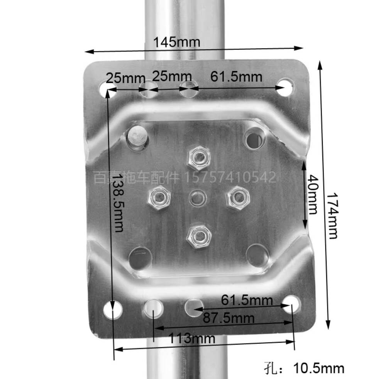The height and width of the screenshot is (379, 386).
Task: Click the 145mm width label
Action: click(177, 42)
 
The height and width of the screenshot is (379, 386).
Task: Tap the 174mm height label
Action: click(333, 216)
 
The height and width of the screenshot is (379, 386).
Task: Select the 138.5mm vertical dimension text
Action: click(118, 203)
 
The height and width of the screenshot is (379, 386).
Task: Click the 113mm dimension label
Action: click(192, 338)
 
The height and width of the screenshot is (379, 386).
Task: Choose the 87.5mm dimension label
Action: click(229, 318)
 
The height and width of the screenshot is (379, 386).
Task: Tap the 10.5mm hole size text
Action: click(319, 369)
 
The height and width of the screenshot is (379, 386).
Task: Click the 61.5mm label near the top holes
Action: click(236, 76)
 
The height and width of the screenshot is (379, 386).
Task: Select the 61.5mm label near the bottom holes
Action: click(247, 300)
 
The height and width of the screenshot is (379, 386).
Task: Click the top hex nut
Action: click(199, 158)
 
